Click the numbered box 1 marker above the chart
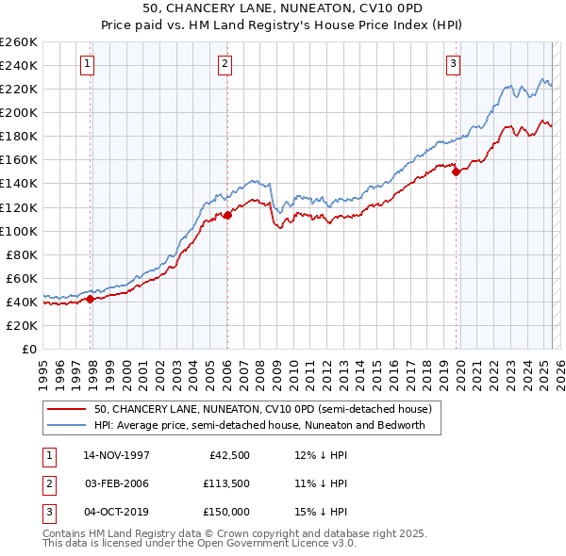[x=87, y=64]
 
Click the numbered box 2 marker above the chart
[x=226, y=64]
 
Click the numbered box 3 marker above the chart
[x=454, y=64]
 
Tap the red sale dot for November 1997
[x=91, y=299]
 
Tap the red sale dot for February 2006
[x=227, y=215]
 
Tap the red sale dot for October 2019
[x=456, y=172]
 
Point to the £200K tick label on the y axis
[x=18, y=112]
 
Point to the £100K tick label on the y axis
[x=18, y=231]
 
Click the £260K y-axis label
[x=18, y=41]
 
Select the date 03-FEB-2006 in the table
[x=116, y=483]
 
